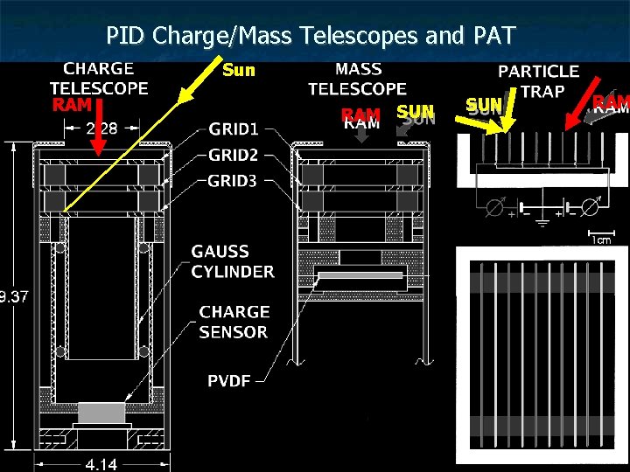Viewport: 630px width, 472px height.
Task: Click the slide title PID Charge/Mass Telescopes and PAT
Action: tap(311, 36)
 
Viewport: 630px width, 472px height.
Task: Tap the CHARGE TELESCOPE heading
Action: tap(99, 78)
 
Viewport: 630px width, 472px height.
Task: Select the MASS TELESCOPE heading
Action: tap(357, 78)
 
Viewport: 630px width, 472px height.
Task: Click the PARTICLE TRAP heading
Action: tap(538, 80)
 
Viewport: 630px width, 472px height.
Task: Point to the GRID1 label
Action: tap(233, 130)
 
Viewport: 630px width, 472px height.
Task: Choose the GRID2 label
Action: tap(233, 156)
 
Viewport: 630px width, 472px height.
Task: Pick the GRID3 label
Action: tap(233, 181)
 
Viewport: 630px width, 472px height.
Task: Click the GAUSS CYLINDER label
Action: tap(232, 261)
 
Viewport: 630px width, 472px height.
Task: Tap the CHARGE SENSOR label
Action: tap(234, 322)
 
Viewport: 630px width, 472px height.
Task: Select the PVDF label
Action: tap(230, 380)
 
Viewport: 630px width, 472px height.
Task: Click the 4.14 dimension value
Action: tap(101, 464)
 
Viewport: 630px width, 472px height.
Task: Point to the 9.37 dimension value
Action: tap(15, 296)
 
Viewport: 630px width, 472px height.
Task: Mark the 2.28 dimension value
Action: tap(102, 129)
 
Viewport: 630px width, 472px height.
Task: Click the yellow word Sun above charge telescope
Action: tap(239, 70)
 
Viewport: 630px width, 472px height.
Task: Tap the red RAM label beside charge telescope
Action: tap(72, 105)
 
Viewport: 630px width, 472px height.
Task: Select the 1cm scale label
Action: tap(600, 239)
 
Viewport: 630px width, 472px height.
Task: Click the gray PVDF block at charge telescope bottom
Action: tap(102, 413)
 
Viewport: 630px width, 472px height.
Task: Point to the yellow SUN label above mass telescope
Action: tap(415, 111)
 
